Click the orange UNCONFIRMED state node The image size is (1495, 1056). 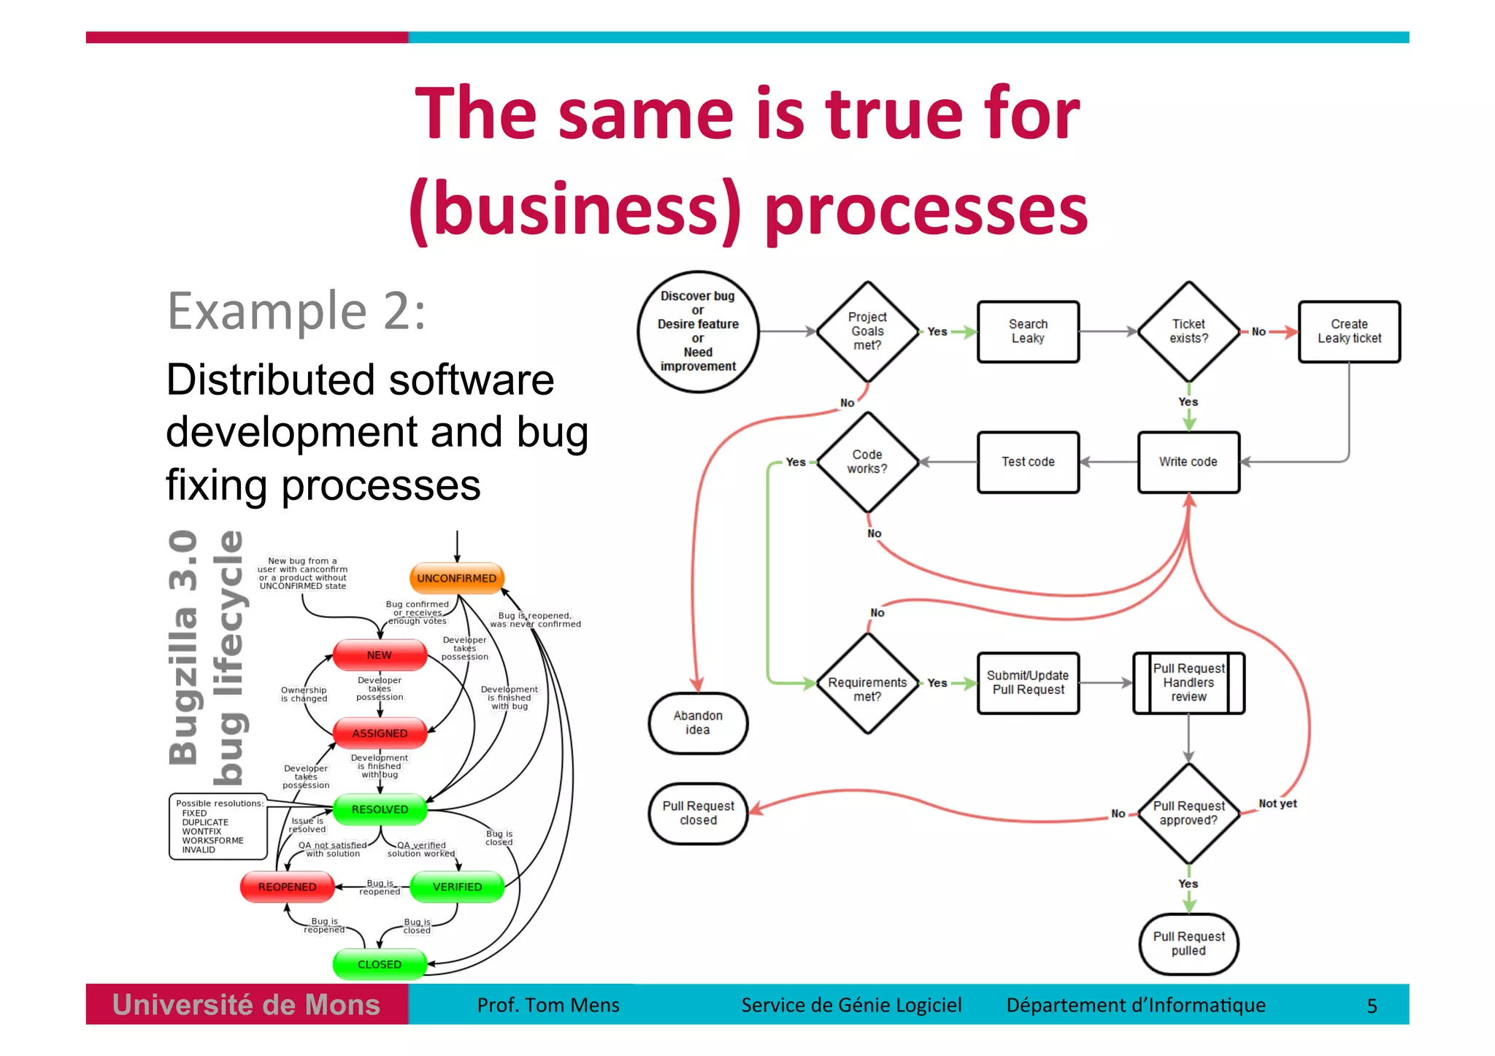[456, 578]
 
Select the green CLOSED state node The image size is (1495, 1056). [379, 964]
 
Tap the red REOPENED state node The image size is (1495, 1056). [287, 887]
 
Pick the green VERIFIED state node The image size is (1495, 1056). [457, 887]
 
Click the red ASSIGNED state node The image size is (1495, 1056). [380, 733]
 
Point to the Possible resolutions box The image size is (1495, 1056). [218, 826]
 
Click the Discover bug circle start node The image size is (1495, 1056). [698, 331]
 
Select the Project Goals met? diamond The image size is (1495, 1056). [867, 331]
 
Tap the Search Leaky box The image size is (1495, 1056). [1028, 331]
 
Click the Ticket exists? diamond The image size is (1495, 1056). [1188, 331]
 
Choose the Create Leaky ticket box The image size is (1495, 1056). [1349, 331]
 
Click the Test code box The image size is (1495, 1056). [1028, 462]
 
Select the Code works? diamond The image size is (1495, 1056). [867, 462]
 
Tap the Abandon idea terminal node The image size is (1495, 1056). [698, 722]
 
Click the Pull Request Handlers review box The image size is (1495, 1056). [1188, 682]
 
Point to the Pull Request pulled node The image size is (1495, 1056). [1188, 944]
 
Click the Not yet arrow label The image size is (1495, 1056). [1277, 803]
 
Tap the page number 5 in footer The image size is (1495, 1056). [1372, 1006]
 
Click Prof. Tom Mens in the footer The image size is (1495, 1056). [548, 1005]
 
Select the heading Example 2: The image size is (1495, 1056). [296, 312]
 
